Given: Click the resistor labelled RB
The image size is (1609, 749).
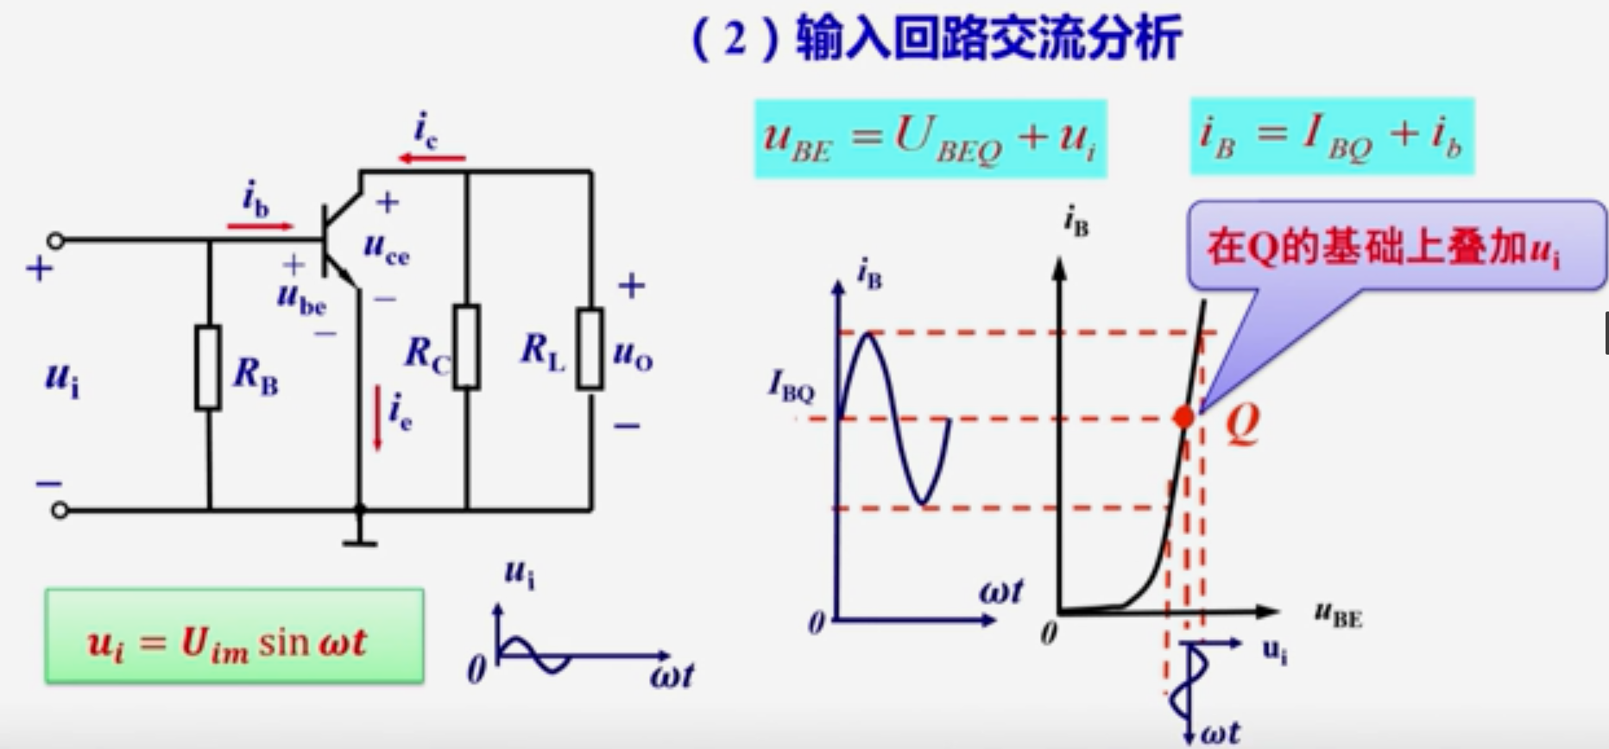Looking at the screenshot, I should tap(208, 367).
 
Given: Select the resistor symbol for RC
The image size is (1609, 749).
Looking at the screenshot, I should tap(467, 346).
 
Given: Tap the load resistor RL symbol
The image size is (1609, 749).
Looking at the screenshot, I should tap(590, 349).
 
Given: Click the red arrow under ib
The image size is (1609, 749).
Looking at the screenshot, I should tap(260, 226).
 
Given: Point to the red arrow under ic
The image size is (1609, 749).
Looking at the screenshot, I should tap(432, 158).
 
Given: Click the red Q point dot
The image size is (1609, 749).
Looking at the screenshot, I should tap(1184, 418).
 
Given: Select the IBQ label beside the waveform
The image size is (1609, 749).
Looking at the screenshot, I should tap(791, 386).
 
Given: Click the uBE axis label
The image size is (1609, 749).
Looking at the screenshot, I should tap(1337, 615).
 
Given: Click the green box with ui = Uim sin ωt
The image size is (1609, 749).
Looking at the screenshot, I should tap(235, 637).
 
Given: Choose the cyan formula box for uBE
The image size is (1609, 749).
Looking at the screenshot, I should tap(931, 139).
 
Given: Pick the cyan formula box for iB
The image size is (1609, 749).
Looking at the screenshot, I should tap(1332, 137).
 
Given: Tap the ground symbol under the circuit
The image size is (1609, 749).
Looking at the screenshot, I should tap(360, 543).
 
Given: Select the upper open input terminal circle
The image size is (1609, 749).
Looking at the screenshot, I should tap(56, 241).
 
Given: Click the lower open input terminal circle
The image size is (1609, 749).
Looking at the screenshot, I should tap(59, 511).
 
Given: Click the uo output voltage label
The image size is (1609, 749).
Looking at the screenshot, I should tap(633, 354).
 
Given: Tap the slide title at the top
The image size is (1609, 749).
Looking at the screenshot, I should tap(936, 39).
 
